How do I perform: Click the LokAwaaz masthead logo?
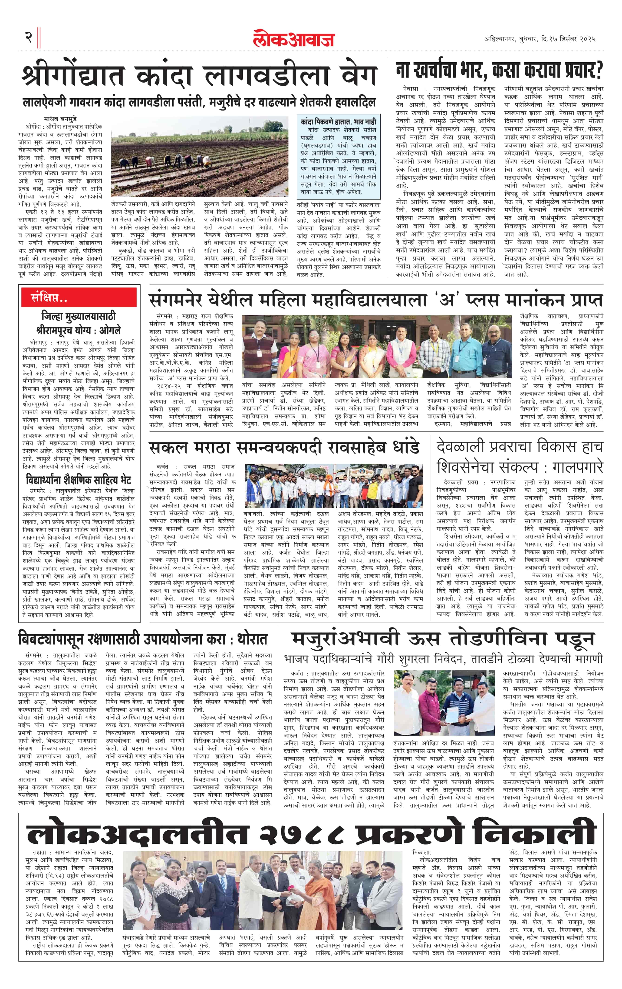[294, 39]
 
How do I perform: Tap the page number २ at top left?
[28, 38]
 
